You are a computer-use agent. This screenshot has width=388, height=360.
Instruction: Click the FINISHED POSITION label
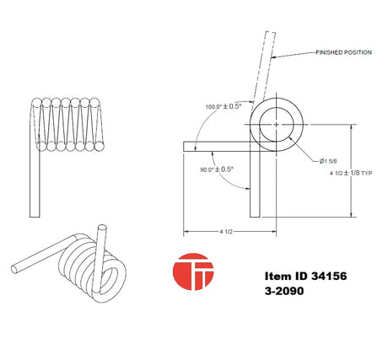coord(343,52)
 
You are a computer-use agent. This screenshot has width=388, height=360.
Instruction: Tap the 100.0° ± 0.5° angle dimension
coord(224,106)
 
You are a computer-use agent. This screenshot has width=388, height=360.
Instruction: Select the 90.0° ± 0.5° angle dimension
coord(217,169)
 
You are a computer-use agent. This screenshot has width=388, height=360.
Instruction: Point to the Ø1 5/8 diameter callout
coord(328,161)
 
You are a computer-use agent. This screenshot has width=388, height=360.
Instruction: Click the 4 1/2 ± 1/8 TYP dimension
coord(351,173)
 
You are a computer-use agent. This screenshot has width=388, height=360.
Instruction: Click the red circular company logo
coord(193,271)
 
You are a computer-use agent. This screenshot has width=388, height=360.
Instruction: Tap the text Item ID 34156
coord(305,276)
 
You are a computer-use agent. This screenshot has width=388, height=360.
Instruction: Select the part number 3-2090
coord(284,291)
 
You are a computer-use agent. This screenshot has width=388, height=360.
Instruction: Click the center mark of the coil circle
coord(277,124)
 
